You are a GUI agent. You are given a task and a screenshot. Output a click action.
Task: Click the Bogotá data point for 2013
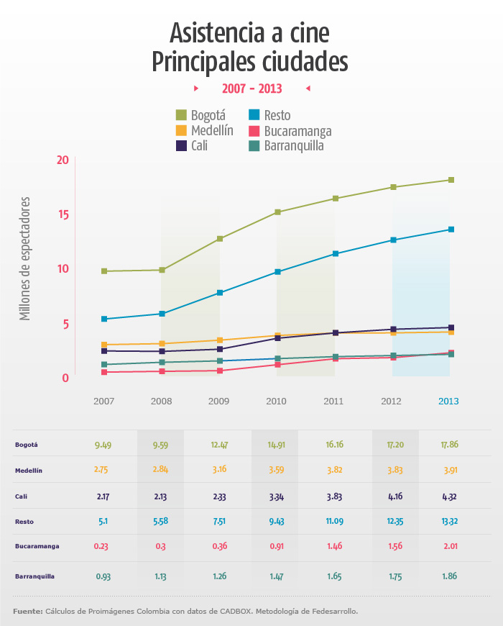[451, 180]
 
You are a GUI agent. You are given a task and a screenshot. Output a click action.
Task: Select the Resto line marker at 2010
[277, 272]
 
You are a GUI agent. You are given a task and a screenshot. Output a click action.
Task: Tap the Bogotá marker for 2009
[220, 239]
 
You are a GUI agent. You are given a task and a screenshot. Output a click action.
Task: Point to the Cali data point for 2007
[104, 351]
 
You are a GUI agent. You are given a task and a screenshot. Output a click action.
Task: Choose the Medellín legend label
[212, 130]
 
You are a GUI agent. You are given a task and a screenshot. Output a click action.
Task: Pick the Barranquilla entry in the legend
[293, 146]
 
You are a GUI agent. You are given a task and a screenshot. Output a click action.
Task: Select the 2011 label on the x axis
[333, 401]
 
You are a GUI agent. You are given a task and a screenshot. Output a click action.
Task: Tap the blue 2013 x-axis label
[448, 401]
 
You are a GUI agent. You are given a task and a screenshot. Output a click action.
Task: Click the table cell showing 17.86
[450, 445]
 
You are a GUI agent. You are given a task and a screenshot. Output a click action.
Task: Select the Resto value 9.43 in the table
[275, 520]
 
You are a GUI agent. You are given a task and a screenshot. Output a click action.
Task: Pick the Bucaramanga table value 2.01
[450, 545]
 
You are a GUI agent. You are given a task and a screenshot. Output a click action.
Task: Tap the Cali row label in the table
[21, 496]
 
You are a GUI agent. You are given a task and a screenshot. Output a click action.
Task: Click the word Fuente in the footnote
[27, 612]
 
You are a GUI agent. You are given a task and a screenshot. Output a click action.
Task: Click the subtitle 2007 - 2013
[251, 89]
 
